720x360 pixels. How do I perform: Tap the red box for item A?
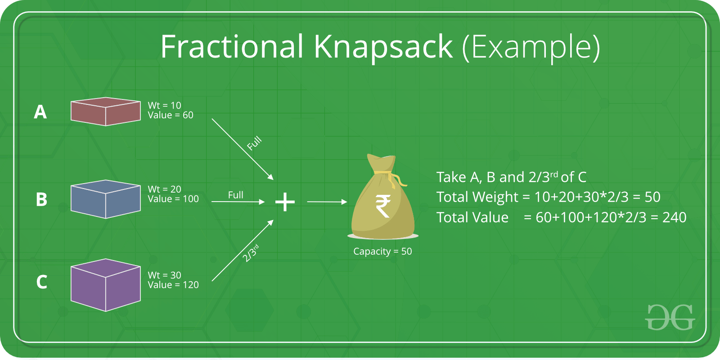(106, 112)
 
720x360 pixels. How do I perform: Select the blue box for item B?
(106, 199)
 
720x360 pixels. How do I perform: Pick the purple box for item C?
(106, 285)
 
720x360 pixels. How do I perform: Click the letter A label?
(40, 112)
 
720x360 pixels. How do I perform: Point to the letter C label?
(41, 282)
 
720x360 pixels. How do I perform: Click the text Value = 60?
(171, 115)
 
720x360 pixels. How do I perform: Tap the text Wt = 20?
(164, 189)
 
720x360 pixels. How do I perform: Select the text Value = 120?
(173, 285)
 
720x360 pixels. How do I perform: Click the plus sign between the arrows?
(285, 202)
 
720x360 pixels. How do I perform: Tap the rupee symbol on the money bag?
(383, 206)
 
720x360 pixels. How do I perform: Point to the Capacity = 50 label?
(382, 252)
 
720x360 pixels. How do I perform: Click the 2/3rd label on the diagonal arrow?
(251, 253)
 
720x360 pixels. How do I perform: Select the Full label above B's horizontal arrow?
(235, 195)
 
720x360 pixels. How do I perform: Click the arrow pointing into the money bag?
(327, 202)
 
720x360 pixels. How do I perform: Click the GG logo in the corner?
(670, 317)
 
